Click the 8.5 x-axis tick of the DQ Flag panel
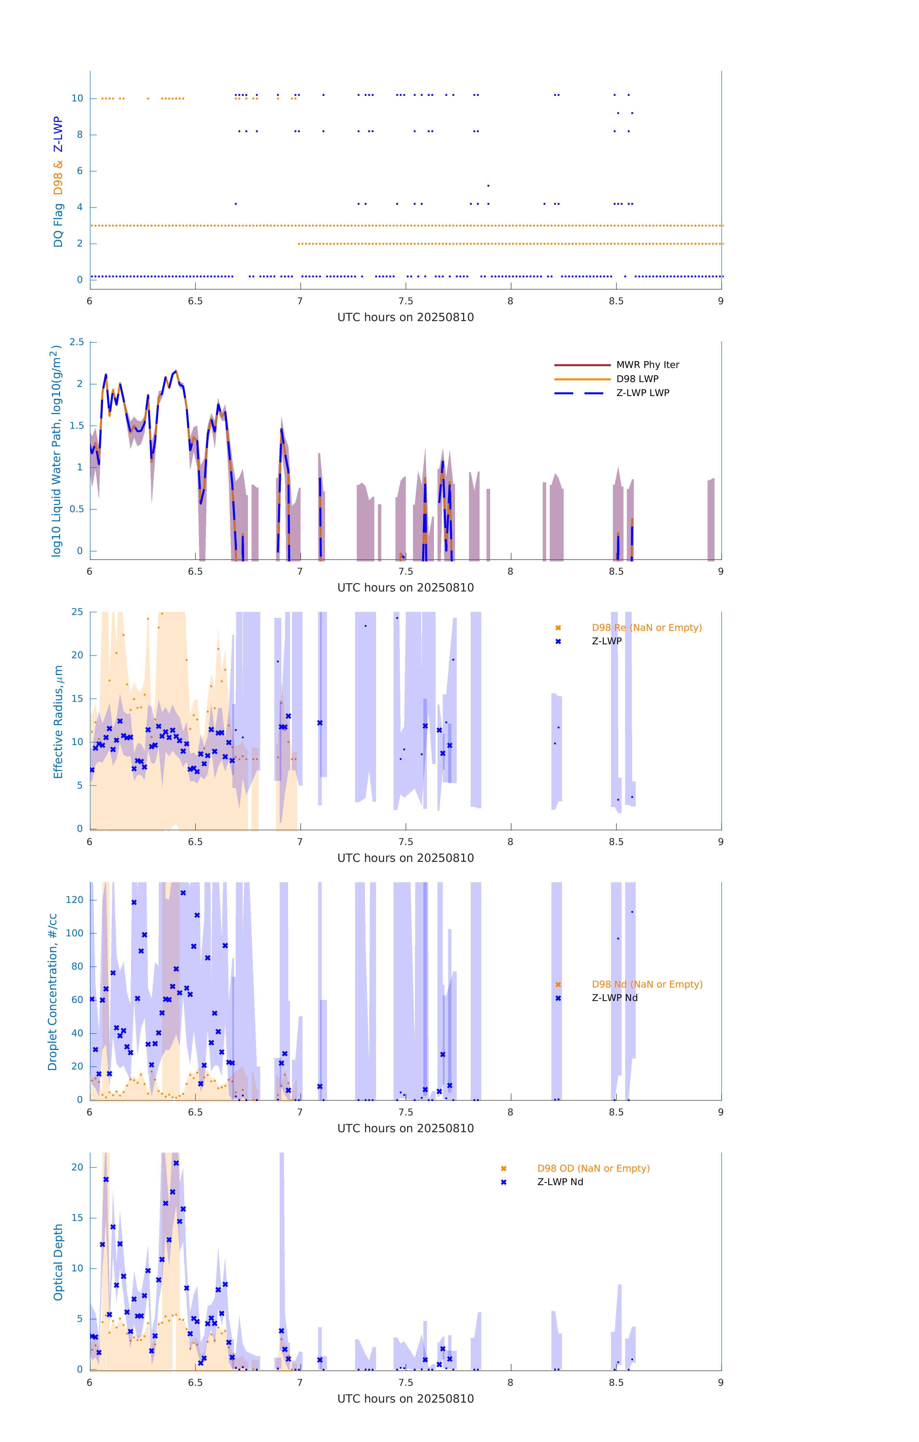pyautogui.click(x=616, y=301)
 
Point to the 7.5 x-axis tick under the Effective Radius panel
pyautogui.click(x=406, y=842)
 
